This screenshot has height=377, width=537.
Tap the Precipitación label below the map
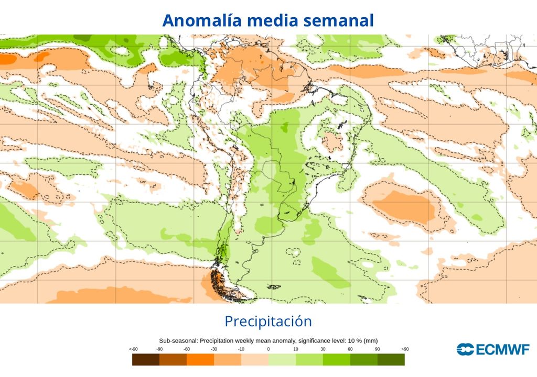(268, 321)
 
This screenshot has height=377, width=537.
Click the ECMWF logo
(493, 349)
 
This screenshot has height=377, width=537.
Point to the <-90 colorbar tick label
(133, 349)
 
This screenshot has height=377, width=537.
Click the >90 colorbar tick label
(404, 349)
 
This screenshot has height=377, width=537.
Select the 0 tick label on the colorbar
(268, 349)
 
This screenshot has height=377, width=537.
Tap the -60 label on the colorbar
(187, 349)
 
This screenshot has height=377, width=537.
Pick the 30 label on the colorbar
(323, 349)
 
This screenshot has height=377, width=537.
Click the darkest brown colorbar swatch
(146, 360)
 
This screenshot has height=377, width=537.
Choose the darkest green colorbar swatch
(391, 360)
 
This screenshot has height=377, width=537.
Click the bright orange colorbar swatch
(200, 360)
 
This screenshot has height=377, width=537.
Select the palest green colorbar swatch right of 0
(282, 360)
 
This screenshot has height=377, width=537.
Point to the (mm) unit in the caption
(371, 340)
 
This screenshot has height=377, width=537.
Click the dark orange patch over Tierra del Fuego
(216, 282)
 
